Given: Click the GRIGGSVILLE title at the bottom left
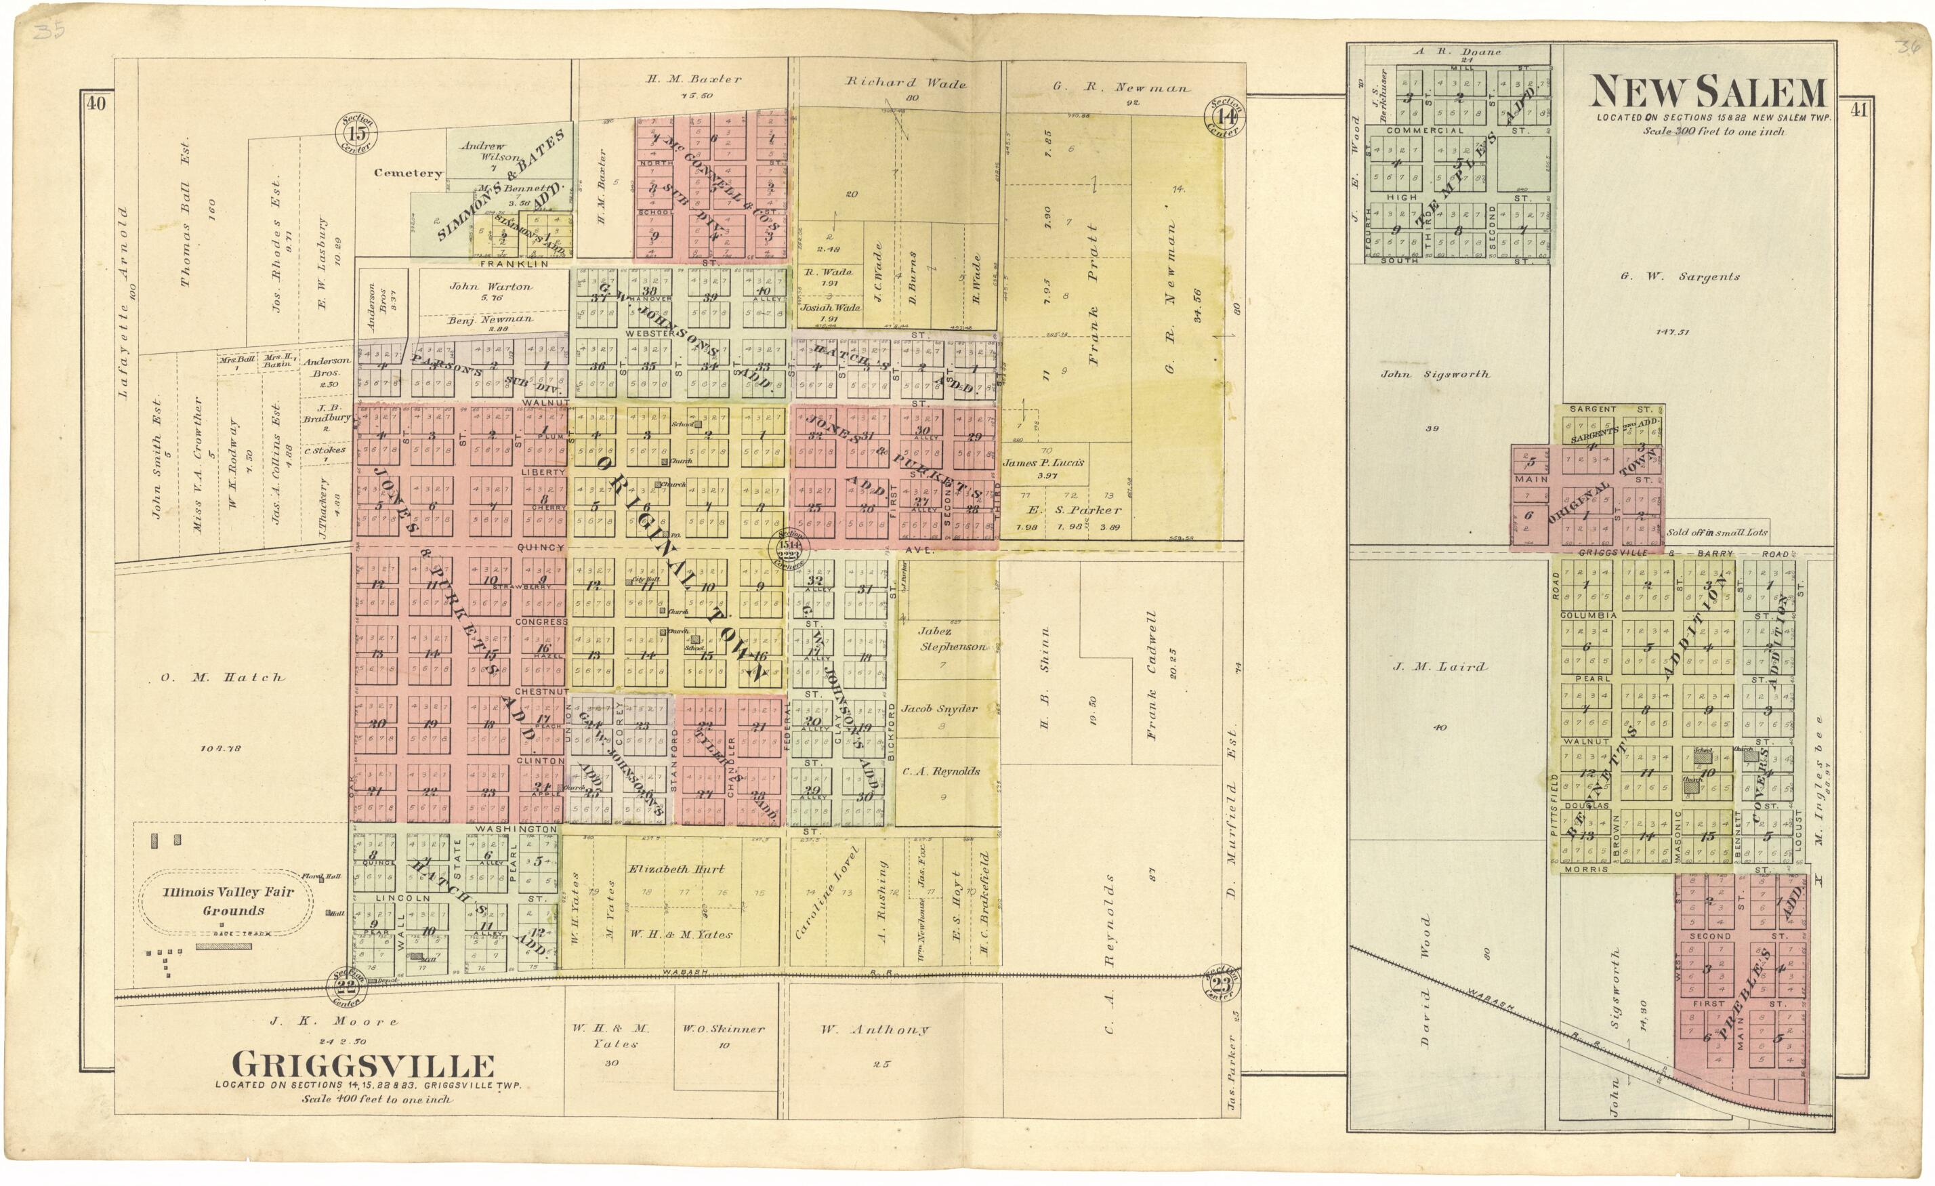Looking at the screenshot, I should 364,1066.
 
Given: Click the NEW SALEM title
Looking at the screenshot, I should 1707,93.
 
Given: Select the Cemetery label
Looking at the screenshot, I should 408,173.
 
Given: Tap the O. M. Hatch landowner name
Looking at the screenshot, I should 222,677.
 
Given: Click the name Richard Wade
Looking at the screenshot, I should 904,82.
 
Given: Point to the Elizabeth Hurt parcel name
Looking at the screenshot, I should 676,869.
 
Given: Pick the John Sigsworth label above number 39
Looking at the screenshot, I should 1434,375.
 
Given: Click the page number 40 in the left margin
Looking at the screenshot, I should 96,104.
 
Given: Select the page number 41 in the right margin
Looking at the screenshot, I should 1856,110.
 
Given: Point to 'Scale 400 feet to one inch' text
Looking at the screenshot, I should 376,1099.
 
